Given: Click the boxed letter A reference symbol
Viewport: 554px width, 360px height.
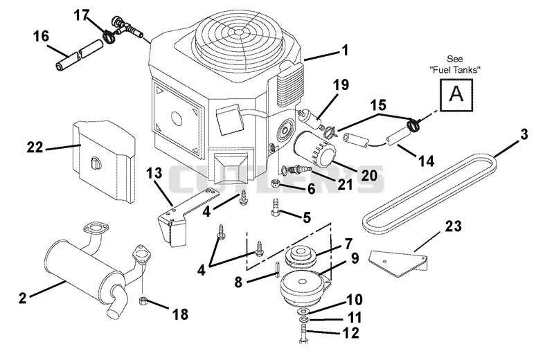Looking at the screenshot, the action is [x=456, y=95].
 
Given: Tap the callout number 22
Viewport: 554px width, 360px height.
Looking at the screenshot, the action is [x=35, y=147].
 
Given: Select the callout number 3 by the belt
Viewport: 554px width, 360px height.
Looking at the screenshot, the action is [x=524, y=134].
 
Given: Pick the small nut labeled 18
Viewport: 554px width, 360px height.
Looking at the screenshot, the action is [x=143, y=301].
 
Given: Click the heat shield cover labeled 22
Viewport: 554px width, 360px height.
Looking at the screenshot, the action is [x=105, y=162].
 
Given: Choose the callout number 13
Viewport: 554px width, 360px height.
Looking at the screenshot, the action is [x=154, y=173].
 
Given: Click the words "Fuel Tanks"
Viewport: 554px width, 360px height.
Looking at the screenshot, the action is [x=455, y=70].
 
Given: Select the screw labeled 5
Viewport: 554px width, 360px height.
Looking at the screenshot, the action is [x=275, y=207].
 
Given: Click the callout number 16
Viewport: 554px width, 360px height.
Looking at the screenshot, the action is [x=41, y=36].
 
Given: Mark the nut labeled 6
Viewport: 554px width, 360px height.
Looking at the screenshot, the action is [x=276, y=183].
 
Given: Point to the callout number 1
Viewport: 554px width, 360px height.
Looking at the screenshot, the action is [x=345, y=50].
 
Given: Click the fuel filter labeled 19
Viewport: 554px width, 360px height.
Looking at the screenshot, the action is [x=311, y=119].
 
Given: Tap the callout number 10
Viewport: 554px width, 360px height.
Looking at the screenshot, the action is [x=355, y=300].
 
